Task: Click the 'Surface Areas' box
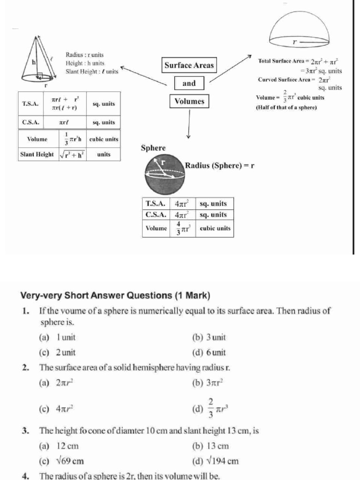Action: (x=189, y=66)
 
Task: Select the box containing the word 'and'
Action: (x=189, y=83)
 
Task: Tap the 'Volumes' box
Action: (x=189, y=101)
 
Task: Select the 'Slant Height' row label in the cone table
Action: (x=37, y=154)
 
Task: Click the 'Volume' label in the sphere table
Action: (x=156, y=228)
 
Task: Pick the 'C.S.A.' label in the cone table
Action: (x=30, y=122)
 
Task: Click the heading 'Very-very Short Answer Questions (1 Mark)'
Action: (x=115, y=296)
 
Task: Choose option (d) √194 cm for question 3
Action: (x=215, y=461)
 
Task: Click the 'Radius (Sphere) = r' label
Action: (x=219, y=165)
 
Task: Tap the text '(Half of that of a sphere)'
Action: (x=286, y=107)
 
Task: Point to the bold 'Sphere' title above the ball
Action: (x=153, y=148)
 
